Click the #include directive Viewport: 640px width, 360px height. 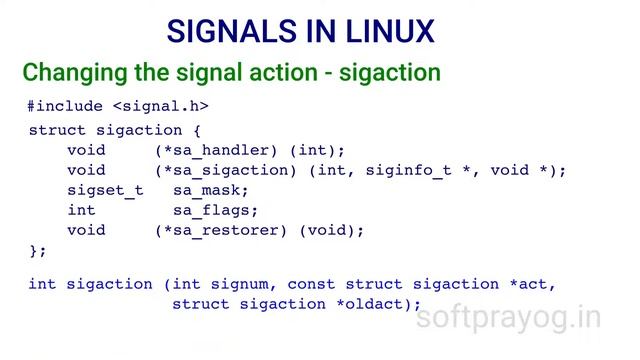coord(65,106)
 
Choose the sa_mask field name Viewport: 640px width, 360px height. coord(210,190)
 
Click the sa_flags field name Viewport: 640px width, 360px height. coord(215,210)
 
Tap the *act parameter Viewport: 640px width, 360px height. coord(529,284)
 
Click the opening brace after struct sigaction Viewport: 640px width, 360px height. coord(197,130)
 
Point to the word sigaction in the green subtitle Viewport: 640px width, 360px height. coord(389,73)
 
